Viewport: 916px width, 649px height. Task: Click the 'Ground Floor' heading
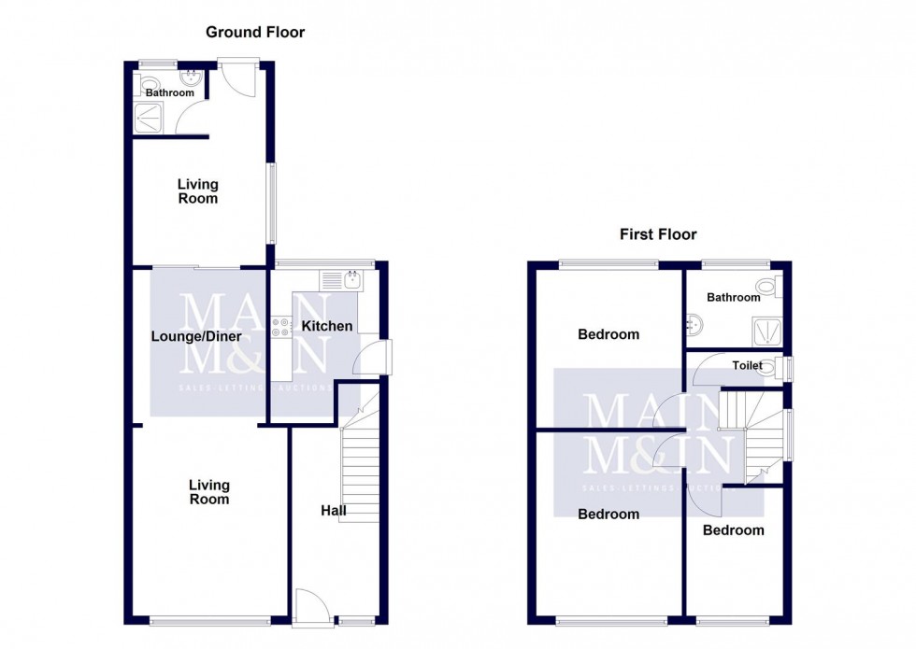coord(255,33)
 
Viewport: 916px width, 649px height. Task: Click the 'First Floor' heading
coord(658,234)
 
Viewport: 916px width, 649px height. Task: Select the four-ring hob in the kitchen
coord(281,328)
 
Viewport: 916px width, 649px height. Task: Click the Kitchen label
coord(327,326)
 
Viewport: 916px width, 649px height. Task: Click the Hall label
coord(334,511)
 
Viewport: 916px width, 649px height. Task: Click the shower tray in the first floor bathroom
coord(766,331)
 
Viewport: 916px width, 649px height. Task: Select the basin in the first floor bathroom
coord(693,325)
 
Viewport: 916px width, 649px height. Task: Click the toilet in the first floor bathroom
coord(768,287)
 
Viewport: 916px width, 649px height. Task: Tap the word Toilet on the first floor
coord(747,366)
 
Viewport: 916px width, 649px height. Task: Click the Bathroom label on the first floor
coord(733,298)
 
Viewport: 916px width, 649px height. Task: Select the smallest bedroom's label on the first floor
coord(734,530)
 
